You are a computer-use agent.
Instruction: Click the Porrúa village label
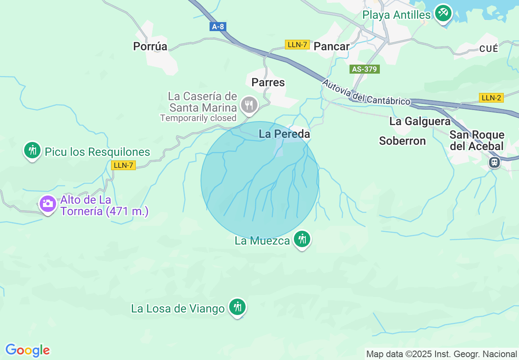(150, 47)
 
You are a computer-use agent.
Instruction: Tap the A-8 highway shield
(218, 27)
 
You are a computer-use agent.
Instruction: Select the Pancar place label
(332, 47)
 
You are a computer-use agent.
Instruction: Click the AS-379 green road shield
(364, 69)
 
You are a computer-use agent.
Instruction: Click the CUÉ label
(489, 49)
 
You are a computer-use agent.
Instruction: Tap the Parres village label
(268, 83)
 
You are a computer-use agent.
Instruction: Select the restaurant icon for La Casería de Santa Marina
(248, 105)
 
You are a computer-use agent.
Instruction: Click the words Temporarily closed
(198, 118)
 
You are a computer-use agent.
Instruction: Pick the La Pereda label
(284, 134)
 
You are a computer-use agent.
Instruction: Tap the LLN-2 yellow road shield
(491, 98)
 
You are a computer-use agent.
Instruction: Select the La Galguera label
(420, 122)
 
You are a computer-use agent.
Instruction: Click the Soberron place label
(402, 141)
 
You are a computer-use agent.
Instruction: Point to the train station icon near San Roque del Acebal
(494, 162)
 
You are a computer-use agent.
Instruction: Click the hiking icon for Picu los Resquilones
(32, 150)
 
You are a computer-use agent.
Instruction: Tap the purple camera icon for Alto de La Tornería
(48, 203)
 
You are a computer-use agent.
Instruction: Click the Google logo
(27, 350)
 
